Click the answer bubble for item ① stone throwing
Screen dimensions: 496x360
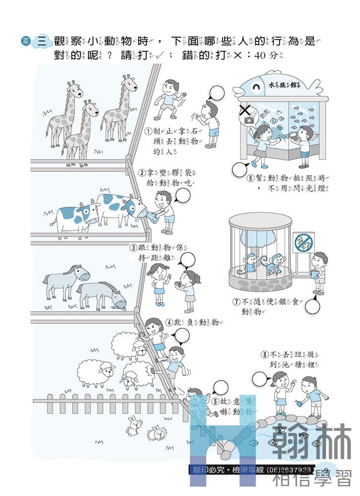click(219, 93)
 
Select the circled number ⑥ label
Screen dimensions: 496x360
click(251, 178)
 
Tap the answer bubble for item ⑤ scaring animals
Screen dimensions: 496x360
click(221, 386)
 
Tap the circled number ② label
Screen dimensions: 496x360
click(142, 173)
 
